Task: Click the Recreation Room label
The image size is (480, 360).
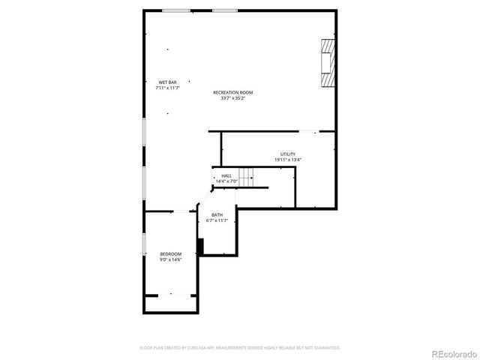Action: pyautogui.click(x=232, y=92)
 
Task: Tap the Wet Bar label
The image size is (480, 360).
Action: pyautogui.click(x=167, y=82)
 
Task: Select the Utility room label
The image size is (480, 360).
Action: pyautogui.click(x=288, y=154)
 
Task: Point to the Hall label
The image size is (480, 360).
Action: pyautogui.click(x=226, y=175)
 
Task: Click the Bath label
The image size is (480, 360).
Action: pyautogui.click(x=217, y=214)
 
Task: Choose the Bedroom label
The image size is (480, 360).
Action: pyautogui.click(x=171, y=253)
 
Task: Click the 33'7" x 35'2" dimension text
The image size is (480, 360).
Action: pyautogui.click(x=232, y=98)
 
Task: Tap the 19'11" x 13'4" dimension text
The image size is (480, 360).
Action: pyautogui.click(x=288, y=160)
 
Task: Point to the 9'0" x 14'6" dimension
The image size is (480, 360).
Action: pyautogui.click(x=171, y=259)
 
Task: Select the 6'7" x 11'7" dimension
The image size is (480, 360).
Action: pyautogui.click(x=217, y=220)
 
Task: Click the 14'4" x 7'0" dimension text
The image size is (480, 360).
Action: pyautogui.click(x=226, y=181)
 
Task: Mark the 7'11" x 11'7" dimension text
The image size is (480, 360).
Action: pyautogui.click(x=167, y=88)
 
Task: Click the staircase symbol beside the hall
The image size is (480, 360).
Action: pyautogui.click(x=246, y=177)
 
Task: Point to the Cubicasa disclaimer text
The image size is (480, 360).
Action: pyautogui.click(x=240, y=347)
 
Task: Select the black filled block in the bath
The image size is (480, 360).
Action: pyautogui.click(x=200, y=247)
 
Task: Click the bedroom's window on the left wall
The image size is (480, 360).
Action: pyautogui.click(x=144, y=244)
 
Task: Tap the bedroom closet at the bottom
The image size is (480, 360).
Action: pyautogui.click(x=170, y=303)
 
